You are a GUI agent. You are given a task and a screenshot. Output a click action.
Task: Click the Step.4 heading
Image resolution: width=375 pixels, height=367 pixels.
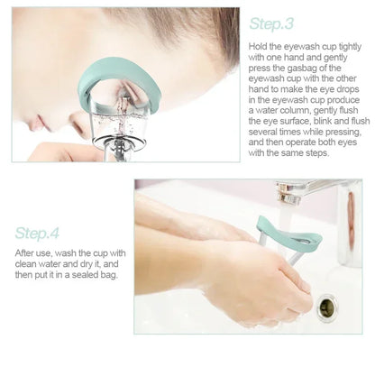[x=37, y=233]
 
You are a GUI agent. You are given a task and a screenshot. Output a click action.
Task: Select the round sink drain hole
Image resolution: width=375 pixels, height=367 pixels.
[x=327, y=307]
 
